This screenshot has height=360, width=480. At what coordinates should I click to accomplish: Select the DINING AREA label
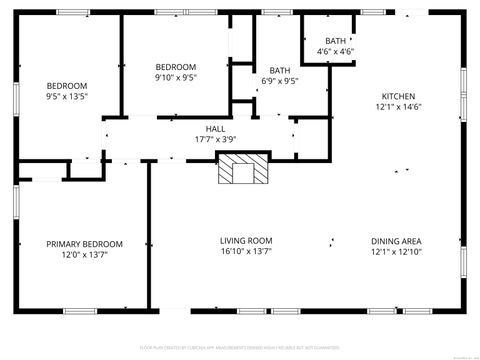point(395,241)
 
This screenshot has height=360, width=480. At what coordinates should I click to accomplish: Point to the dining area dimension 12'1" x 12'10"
point(395,252)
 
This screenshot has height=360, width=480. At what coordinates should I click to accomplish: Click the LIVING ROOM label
point(246,241)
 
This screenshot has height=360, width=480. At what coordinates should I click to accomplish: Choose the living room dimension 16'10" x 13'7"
point(246,252)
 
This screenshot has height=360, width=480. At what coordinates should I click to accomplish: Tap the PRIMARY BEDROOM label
point(84,244)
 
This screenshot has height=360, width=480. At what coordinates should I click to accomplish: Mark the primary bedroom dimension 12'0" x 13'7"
point(84,255)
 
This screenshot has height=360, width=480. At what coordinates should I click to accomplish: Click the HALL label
point(215,129)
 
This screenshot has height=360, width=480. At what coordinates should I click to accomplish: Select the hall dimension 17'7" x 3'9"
point(215,140)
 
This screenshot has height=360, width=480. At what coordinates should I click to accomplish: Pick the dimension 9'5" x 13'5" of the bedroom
point(67,98)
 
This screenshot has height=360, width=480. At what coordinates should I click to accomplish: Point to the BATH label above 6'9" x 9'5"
point(279,71)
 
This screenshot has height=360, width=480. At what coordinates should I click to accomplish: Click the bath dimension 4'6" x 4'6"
point(335,51)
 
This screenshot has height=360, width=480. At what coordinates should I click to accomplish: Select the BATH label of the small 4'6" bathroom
point(335,40)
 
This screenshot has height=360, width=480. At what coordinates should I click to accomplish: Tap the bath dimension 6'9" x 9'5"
point(279,82)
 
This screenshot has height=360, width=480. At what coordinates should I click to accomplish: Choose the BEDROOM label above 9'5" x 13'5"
point(67,86)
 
